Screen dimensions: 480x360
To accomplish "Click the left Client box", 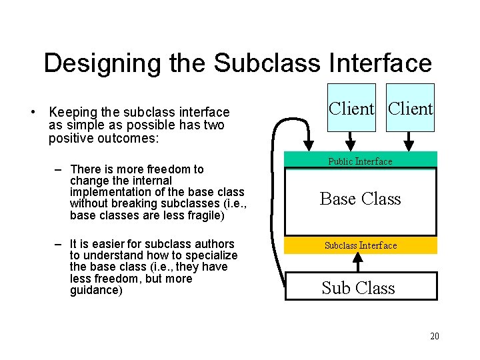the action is click(351, 108).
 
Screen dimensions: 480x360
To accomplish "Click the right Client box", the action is click(410, 108).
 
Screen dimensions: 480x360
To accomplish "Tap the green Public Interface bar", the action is click(360, 161).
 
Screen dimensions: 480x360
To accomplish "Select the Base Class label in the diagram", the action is click(360, 199).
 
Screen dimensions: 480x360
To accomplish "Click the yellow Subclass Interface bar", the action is click(361, 245).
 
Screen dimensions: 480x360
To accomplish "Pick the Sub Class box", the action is click(361, 287).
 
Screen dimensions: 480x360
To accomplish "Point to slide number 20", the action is click(434, 336).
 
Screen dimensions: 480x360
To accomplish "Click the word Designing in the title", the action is click(93, 63).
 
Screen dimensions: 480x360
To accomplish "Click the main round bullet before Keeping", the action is click(33, 112).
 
